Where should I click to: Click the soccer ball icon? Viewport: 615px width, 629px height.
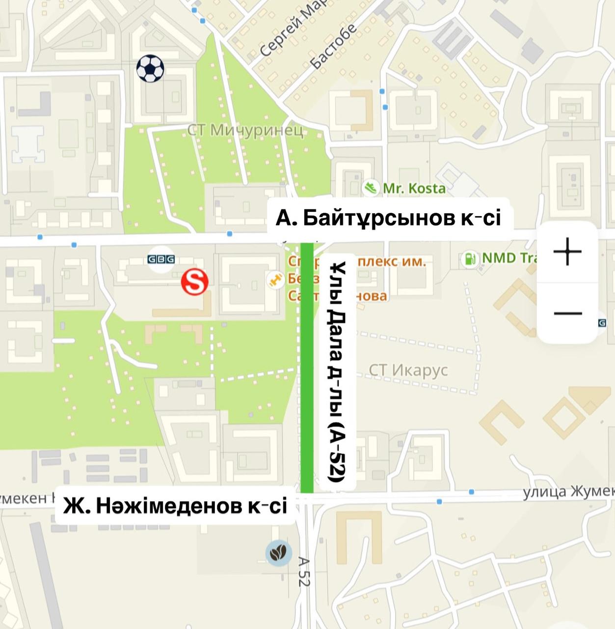click(x=150, y=68)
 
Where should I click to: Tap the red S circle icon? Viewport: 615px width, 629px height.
click(x=195, y=282)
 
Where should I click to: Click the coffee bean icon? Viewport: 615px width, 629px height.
click(x=279, y=553)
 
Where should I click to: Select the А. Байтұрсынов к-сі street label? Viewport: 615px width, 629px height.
click(x=389, y=217)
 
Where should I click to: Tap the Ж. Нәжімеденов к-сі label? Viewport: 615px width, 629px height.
click(x=175, y=506)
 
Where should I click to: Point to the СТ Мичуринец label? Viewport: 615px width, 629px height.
click(x=245, y=131)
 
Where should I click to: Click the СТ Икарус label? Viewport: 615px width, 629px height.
click(x=408, y=370)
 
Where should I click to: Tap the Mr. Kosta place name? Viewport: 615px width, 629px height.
click(x=414, y=188)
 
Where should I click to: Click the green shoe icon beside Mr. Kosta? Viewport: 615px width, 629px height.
click(x=371, y=188)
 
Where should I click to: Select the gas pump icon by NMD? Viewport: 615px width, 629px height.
click(x=471, y=258)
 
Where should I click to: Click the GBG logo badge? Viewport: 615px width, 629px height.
click(x=161, y=259)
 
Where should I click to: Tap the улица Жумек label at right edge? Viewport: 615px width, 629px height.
click(x=568, y=491)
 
